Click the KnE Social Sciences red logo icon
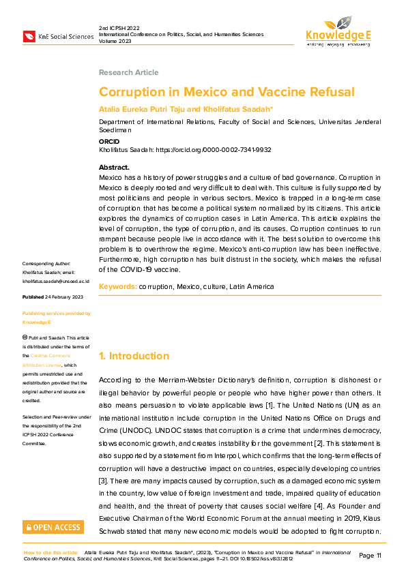pyautogui.click(x=30, y=36)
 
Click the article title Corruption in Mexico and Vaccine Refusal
pyautogui.click(x=226, y=92)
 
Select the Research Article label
pyautogui.click(x=128, y=72)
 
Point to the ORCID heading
pyautogui.click(x=109, y=142)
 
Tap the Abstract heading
pyautogui.click(x=114, y=167)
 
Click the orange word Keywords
pyautogui.click(x=117, y=287)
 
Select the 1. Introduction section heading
pyautogui.click(x=134, y=356)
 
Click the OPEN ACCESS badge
pyautogui.click(x=53, y=527)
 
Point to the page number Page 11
pyautogui.click(x=371, y=556)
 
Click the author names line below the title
pyautogui.click(x=186, y=109)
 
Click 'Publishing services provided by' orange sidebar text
pyautogui.click(x=56, y=314)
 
